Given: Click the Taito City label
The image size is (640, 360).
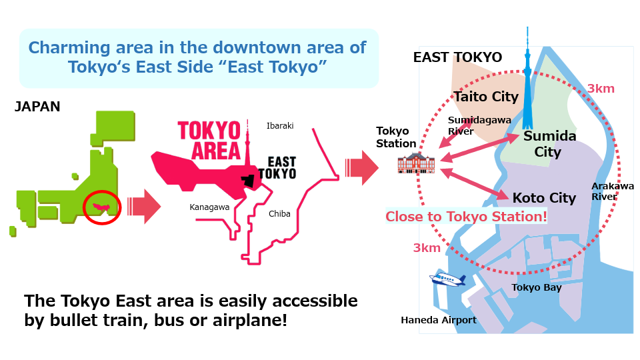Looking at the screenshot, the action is pyautogui.click(x=486, y=97).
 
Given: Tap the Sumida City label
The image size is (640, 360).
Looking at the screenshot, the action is pyautogui.click(x=549, y=144).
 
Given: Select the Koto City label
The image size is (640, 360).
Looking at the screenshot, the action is pyautogui.click(x=544, y=198).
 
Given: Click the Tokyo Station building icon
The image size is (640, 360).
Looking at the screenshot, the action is pyautogui.click(x=416, y=163).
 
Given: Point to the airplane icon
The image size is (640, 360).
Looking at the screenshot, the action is pyautogui.click(x=447, y=279).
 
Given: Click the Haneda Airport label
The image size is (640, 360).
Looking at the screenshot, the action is pyautogui.click(x=439, y=320).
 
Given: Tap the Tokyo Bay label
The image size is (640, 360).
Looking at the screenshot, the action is pyautogui.click(x=537, y=287).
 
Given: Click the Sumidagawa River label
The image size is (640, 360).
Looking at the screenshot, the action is pyautogui.click(x=479, y=125).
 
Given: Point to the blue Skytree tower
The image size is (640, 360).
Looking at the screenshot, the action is pyautogui.click(x=527, y=81).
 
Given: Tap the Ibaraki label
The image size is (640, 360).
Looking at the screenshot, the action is pyautogui.click(x=280, y=126).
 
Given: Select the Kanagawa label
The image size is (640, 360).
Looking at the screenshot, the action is pyautogui.click(x=209, y=207).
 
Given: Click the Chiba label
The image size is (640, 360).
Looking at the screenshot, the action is pyautogui.click(x=279, y=213).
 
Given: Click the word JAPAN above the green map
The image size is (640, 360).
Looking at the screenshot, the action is pyautogui.click(x=37, y=107).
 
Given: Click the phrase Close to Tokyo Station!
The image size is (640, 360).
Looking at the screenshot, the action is pyautogui.click(x=466, y=216).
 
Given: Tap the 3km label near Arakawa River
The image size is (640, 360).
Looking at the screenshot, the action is pyautogui.click(x=601, y=89).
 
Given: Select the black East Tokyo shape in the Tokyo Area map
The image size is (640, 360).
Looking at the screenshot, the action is pyautogui.click(x=247, y=181).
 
